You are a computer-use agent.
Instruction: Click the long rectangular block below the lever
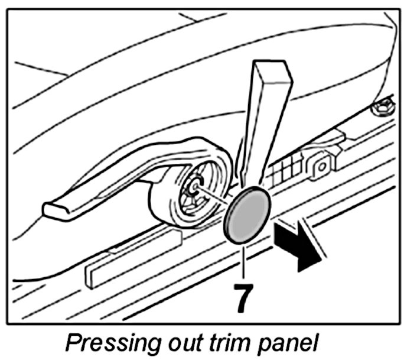[x=134, y=257]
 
